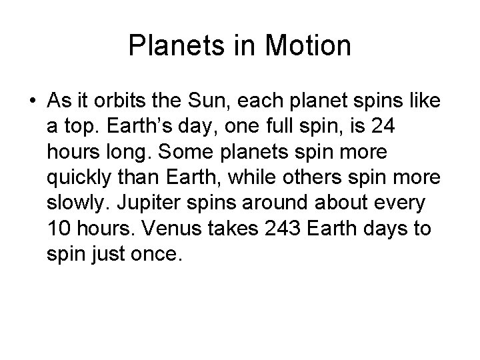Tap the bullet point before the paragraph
point(31,101)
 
